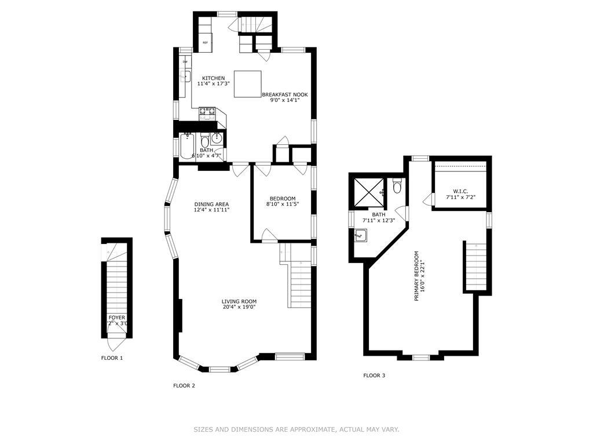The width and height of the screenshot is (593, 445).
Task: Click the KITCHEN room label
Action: pyautogui.click(x=213, y=78)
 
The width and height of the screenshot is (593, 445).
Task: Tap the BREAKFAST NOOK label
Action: pyautogui.click(x=284, y=94)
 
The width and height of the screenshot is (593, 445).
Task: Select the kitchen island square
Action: pyautogui.click(x=247, y=84)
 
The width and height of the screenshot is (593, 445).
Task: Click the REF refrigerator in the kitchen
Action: pyautogui.click(x=206, y=43)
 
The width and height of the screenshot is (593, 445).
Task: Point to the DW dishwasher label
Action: pyautogui.click(x=185, y=61)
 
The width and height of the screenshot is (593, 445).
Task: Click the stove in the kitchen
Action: pyautogui.click(x=207, y=114)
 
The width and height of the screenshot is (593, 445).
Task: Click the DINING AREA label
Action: pyautogui.click(x=211, y=204)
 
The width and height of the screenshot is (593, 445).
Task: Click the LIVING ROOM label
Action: pyautogui.click(x=239, y=301)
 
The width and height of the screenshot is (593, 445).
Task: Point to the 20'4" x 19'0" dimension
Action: pyautogui.click(x=239, y=307)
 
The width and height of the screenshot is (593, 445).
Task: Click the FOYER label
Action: pyautogui.click(x=116, y=318)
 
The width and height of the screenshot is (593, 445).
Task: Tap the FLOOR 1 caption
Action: pyautogui.click(x=112, y=358)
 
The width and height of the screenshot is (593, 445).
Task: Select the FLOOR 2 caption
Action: pyautogui.click(x=184, y=385)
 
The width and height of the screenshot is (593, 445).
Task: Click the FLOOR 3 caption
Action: pyautogui.click(x=374, y=375)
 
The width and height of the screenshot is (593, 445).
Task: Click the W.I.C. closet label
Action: pyautogui.click(x=460, y=191)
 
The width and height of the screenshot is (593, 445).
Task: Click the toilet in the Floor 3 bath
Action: pyautogui.click(x=397, y=187)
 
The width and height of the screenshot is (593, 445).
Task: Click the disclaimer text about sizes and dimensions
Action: pyautogui.click(x=296, y=429)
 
